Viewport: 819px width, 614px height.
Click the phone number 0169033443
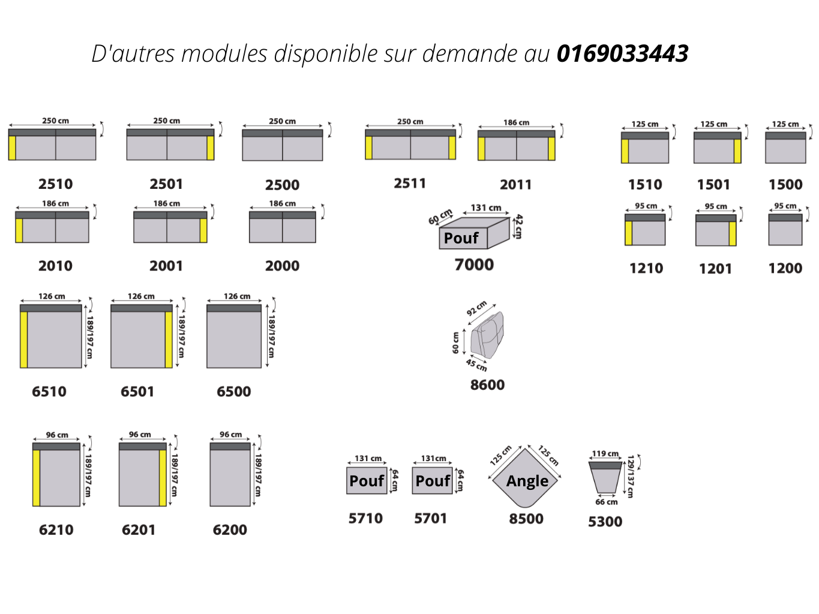pyautogui.click(x=622, y=53)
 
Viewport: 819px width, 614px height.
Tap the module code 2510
pyautogui.click(x=55, y=184)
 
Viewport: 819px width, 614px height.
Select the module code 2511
pyautogui.click(x=410, y=183)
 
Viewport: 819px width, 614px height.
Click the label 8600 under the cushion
pyautogui.click(x=487, y=385)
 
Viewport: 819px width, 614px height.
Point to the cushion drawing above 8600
pyautogui.click(x=487, y=335)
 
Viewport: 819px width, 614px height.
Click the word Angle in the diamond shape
pyautogui.click(x=527, y=481)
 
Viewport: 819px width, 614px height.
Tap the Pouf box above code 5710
pyautogui.click(x=367, y=480)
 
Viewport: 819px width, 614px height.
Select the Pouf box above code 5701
pyautogui.click(x=432, y=480)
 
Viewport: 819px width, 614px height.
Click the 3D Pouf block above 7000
pyautogui.click(x=474, y=233)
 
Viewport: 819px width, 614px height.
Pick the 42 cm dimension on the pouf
pyautogui.click(x=518, y=227)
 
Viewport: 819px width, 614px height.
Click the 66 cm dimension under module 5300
pyautogui.click(x=607, y=502)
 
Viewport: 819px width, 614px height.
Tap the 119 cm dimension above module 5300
pyautogui.click(x=605, y=454)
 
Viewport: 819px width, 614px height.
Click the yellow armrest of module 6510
pyautogui.click(x=24, y=339)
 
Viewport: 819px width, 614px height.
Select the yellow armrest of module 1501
pyautogui.click(x=737, y=151)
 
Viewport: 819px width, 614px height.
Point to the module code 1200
pyautogui.click(x=785, y=268)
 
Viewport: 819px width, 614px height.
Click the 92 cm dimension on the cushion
pyautogui.click(x=477, y=308)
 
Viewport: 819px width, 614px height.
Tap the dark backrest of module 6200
pyautogui.click(x=230, y=447)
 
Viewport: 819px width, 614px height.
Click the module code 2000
pyautogui.click(x=282, y=266)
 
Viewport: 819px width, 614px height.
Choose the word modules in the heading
pyautogui.click(x=224, y=53)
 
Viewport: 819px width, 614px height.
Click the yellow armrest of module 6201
pyautogui.click(x=163, y=478)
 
